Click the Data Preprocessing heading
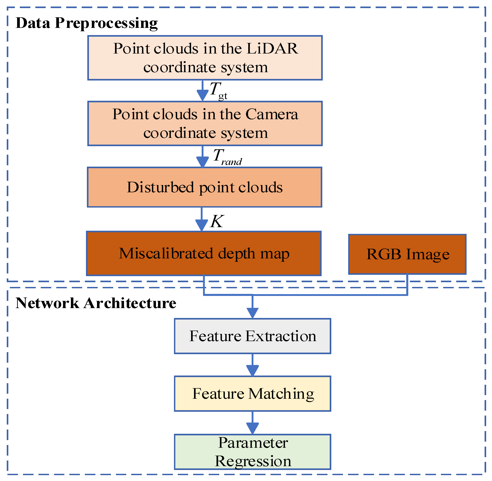point(86,23)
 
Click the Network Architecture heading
point(96,303)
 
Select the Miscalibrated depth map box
point(204,254)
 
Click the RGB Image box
point(407,254)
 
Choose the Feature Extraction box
point(252,336)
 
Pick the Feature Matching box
point(252,394)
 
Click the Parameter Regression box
point(252,452)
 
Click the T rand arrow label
point(227,157)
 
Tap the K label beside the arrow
point(217,221)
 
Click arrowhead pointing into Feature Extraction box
point(252,313)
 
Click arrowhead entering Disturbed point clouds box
point(203,162)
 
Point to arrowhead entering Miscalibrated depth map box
point(201,225)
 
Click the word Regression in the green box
point(253,461)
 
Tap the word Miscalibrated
point(166,254)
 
